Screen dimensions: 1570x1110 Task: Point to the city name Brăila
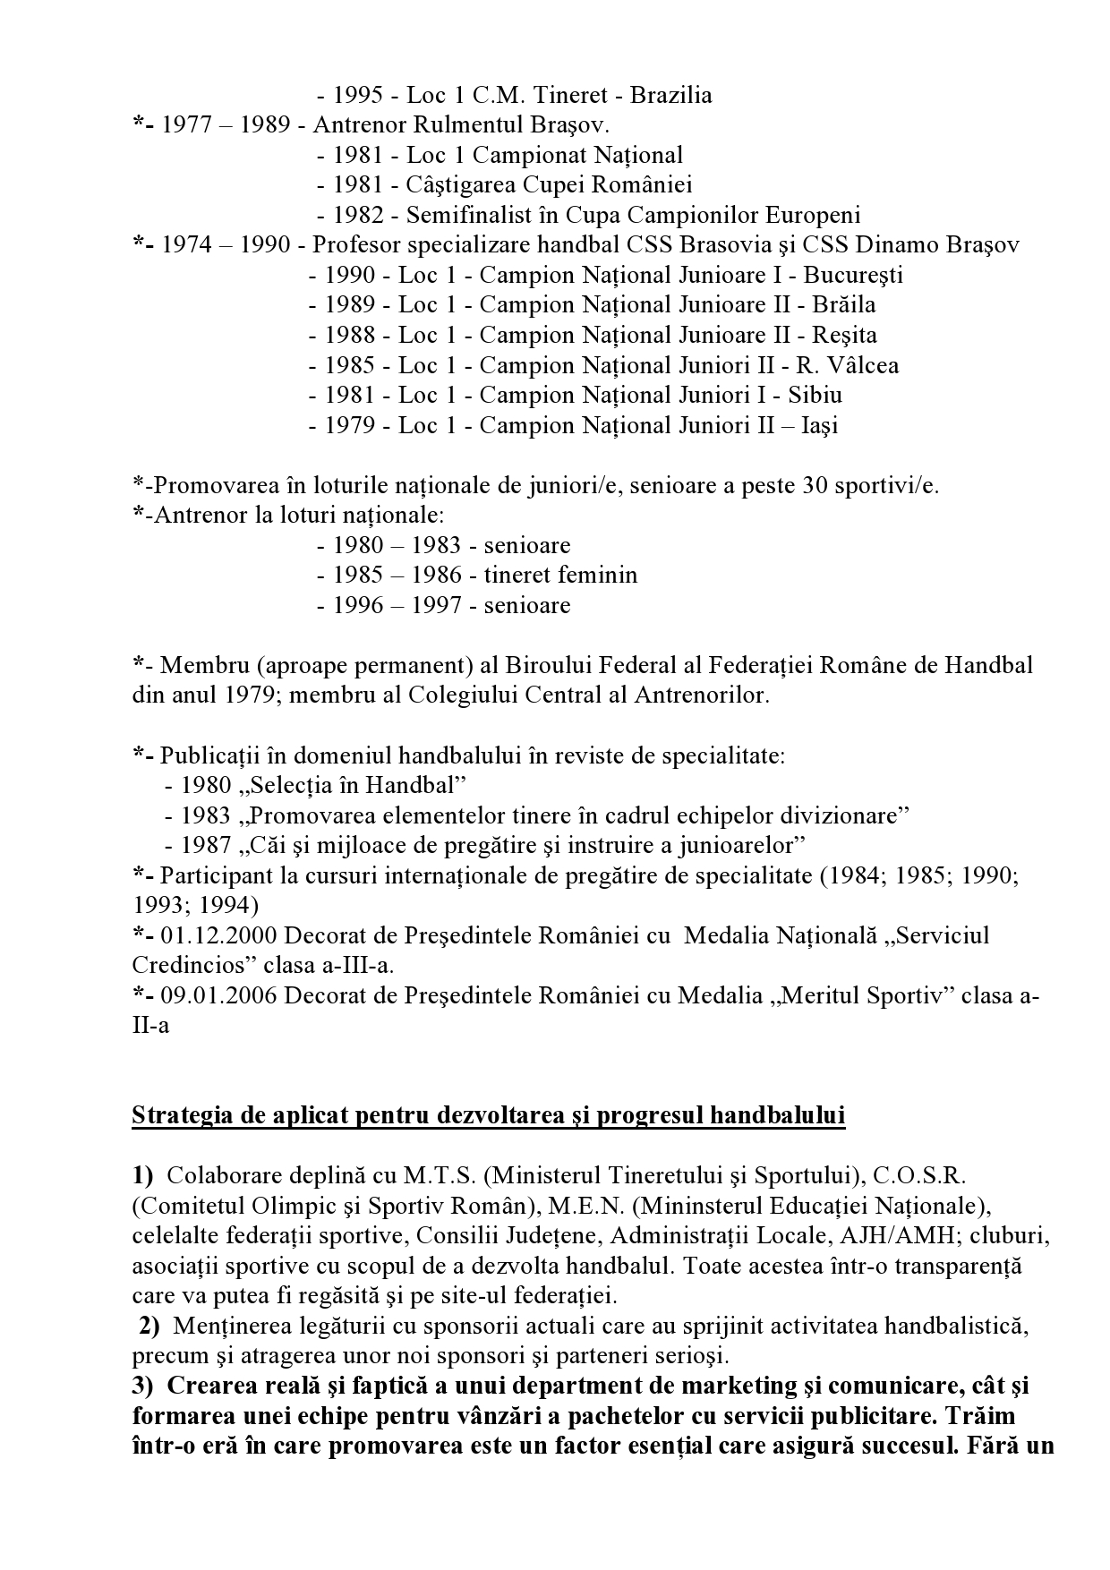coord(844,305)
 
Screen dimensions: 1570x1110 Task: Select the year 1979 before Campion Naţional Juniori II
coord(350,426)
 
